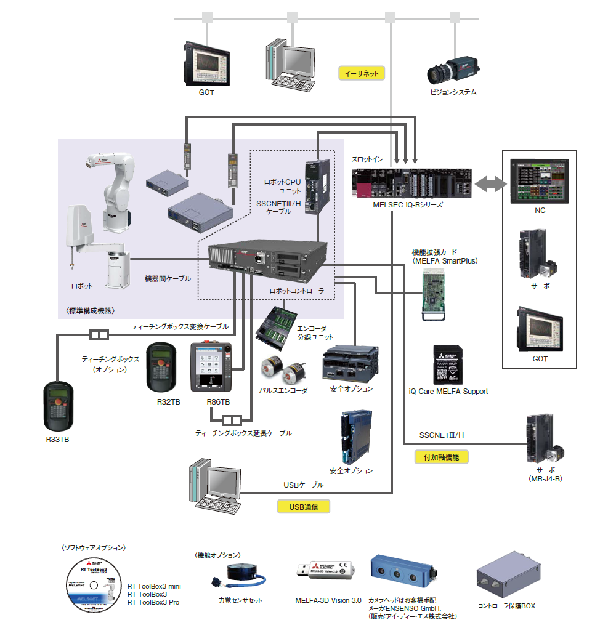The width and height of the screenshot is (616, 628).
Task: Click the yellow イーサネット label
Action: pos(362,73)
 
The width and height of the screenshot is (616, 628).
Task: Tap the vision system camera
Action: pos(453,70)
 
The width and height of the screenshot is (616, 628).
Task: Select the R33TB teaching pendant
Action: pos(59,407)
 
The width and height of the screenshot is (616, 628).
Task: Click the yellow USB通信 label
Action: pos(304,507)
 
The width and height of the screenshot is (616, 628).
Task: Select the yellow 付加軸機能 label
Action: pos(441,457)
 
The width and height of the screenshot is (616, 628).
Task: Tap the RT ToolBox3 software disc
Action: pos(92,584)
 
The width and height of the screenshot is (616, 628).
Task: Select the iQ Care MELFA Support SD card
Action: pos(448,364)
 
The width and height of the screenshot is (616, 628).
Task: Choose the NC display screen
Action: pos(540,180)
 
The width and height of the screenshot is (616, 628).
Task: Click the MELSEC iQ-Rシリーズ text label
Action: pos(408,204)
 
